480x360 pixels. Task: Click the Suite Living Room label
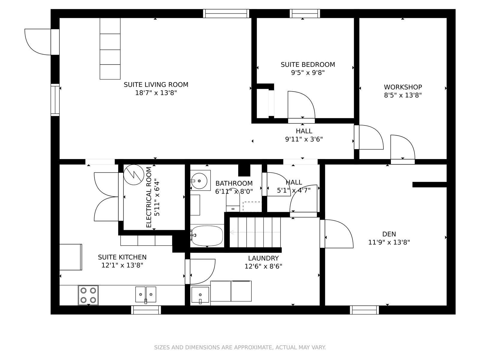click(156, 85)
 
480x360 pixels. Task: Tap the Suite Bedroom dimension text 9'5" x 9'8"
click(308, 73)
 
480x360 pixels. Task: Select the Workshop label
click(403, 87)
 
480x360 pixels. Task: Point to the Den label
click(389, 234)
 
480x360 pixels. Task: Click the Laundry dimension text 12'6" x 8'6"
click(263, 266)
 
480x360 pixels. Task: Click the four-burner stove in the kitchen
click(88, 295)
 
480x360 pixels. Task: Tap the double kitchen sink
click(145, 294)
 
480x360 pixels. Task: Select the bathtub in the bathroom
click(207, 236)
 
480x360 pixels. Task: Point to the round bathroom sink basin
click(199, 181)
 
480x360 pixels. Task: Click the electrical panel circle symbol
click(134, 175)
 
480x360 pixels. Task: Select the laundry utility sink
click(200, 295)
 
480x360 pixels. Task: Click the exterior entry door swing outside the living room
click(37, 42)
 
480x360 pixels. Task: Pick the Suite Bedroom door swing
click(301, 105)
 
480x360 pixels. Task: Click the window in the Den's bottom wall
click(364, 310)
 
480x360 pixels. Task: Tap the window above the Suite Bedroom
click(305, 13)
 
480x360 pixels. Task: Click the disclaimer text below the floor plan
click(240, 347)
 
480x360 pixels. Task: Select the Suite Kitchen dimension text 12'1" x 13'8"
click(122, 265)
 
